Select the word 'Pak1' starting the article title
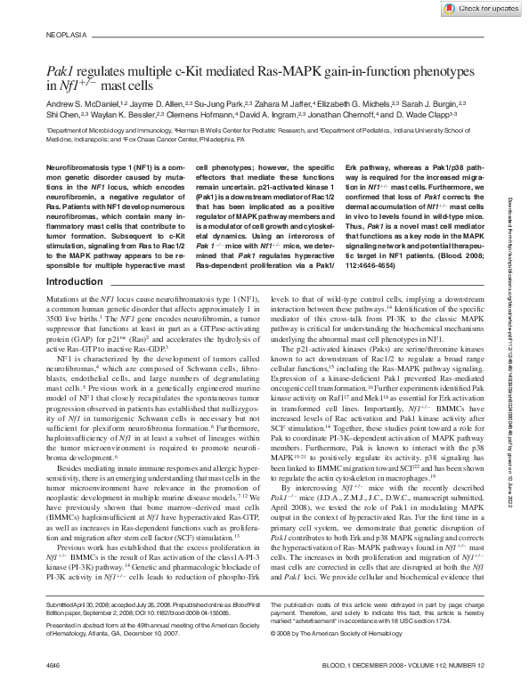click(x=60, y=70)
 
